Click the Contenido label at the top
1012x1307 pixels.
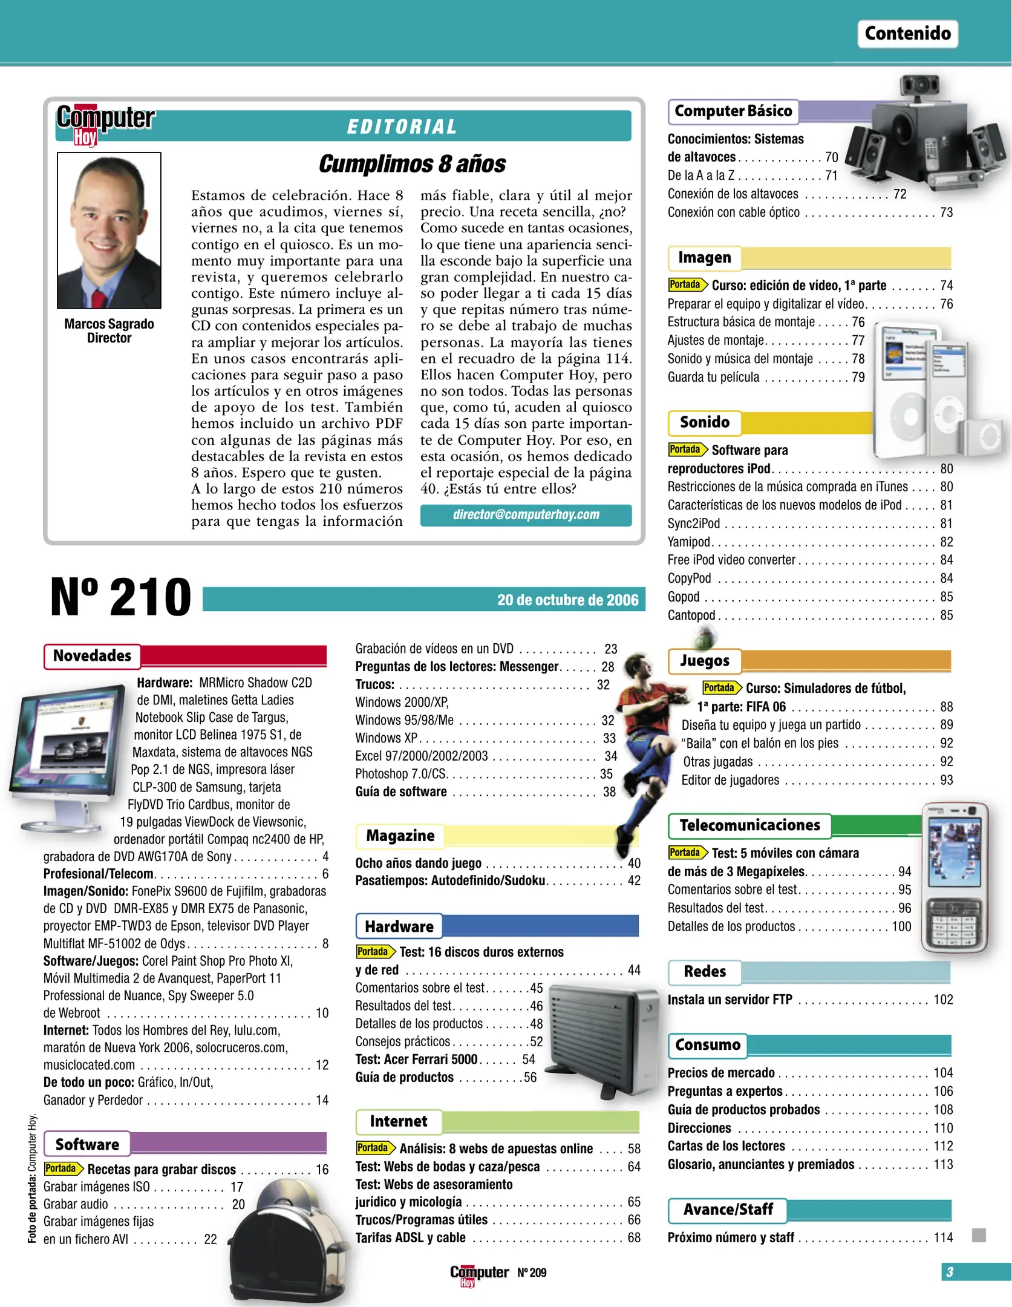tap(907, 33)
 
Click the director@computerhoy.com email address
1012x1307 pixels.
tap(526, 514)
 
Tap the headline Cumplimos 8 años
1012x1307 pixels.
tap(412, 164)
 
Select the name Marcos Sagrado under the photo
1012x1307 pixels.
tap(109, 324)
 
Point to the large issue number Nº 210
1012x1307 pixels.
tap(120, 597)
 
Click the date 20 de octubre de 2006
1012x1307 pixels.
tap(567, 600)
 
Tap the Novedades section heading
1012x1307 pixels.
tap(92, 655)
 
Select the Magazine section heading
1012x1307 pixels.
tap(400, 836)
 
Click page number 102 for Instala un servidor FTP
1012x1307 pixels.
tap(942, 1000)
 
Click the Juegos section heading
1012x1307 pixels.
tap(704, 660)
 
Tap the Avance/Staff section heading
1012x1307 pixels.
tap(728, 1210)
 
